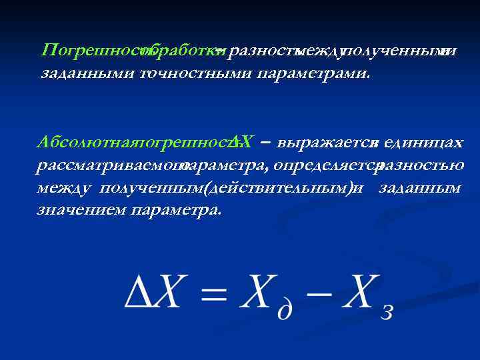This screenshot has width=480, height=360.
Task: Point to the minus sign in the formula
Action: coord(317,293)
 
